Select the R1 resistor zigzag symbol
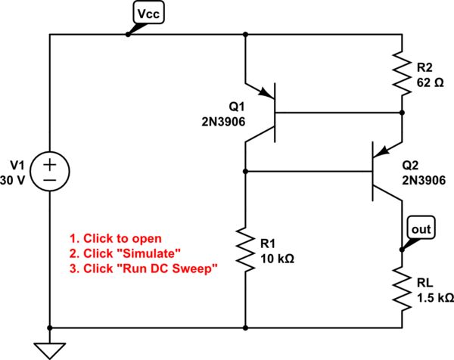pyautogui.click(x=246, y=250)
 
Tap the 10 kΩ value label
pyautogui.click(x=277, y=257)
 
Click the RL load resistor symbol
pyautogui.click(x=401, y=288)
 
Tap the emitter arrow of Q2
pyautogui.click(x=390, y=151)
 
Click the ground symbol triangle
pyautogui.click(x=50, y=349)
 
